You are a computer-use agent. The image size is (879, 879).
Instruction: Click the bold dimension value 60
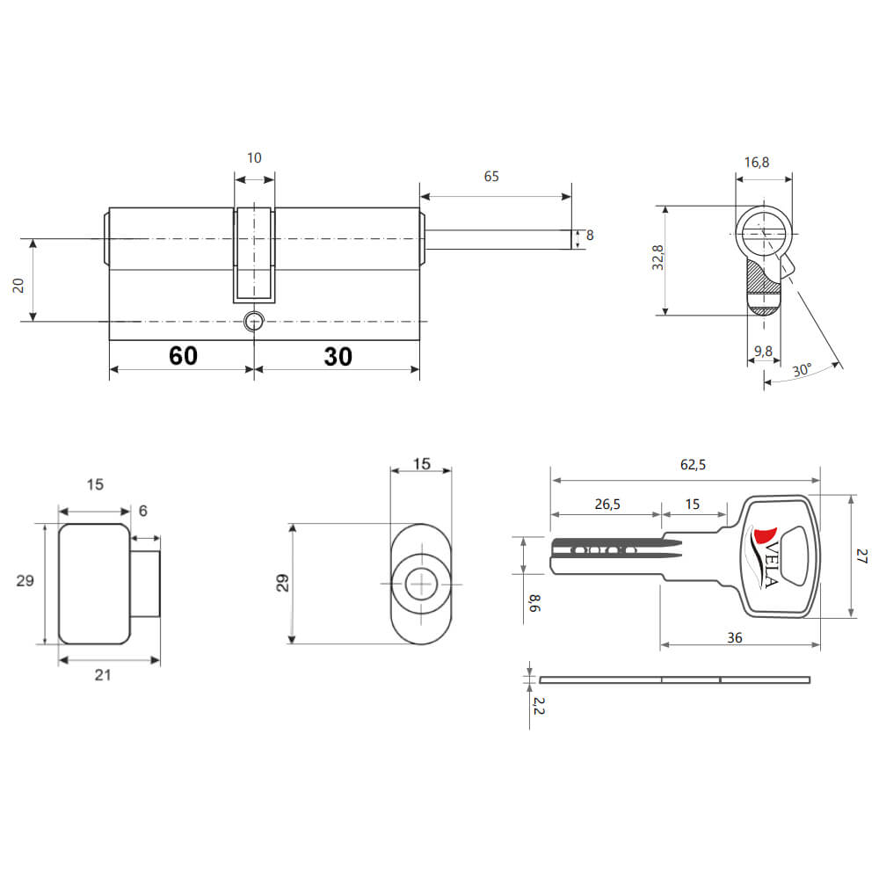point(184,356)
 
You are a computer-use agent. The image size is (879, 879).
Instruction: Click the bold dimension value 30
point(338,357)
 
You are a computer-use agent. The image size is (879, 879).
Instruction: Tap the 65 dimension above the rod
point(491,177)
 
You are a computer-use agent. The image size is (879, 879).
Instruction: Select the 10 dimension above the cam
point(254,158)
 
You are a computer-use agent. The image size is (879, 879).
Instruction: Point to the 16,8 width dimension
point(756,163)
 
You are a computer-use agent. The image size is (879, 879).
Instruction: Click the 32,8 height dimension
point(657,258)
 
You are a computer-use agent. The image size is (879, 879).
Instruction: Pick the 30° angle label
point(802,370)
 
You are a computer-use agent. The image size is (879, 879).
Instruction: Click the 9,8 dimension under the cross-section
point(763,352)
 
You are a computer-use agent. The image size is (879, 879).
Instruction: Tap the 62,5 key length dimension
point(693,465)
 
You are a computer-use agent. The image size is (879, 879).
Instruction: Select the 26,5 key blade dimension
point(607,505)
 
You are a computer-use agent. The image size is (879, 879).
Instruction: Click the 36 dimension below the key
point(734,638)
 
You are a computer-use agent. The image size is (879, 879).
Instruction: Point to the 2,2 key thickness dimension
point(538,706)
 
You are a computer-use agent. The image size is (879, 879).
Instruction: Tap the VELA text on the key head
point(771,564)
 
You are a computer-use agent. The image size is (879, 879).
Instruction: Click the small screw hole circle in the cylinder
point(254,322)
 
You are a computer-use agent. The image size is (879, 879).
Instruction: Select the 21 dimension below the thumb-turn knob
point(103,675)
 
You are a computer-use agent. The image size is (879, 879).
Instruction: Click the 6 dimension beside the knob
point(143,511)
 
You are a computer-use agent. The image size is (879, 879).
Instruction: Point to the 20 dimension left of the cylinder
point(18,286)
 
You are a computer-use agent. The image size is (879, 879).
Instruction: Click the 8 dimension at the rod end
point(590,236)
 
